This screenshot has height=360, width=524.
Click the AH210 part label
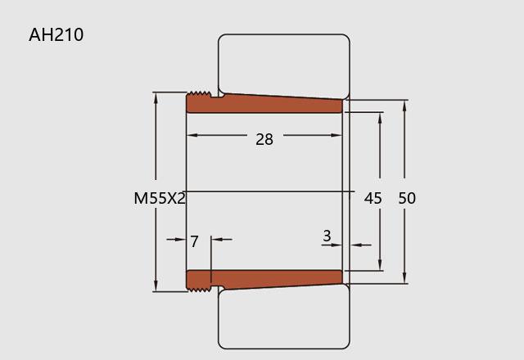click(x=56, y=34)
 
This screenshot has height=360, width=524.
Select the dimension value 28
click(x=264, y=139)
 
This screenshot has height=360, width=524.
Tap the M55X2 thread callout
click(x=160, y=198)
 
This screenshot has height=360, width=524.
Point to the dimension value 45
click(x=373, y=198)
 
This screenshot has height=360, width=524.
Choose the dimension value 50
click(x=407, y=198)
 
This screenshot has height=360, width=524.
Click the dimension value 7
click(x=194, y=241)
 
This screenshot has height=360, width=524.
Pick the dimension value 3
click(x=327, y=236)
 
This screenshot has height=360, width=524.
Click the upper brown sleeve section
click(x=264, y=102)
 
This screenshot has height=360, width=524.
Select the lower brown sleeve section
click(x=264, y=281)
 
